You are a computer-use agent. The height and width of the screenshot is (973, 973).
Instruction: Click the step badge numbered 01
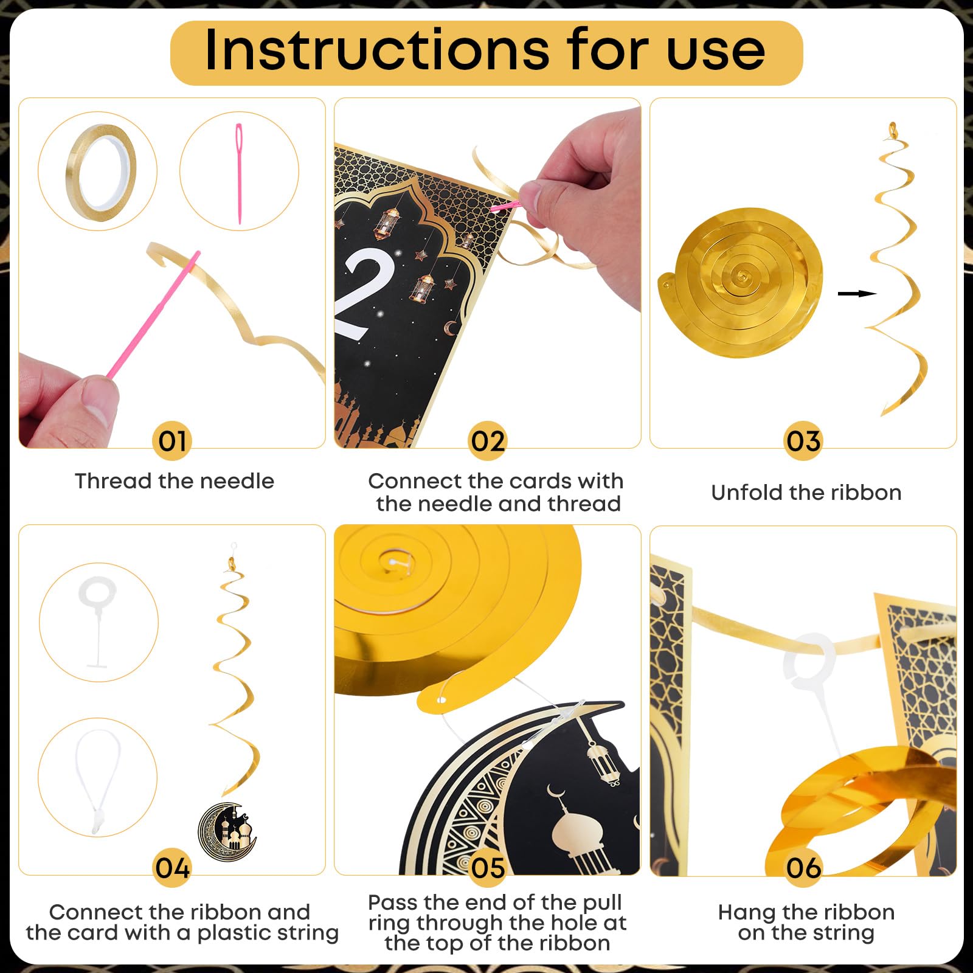(x=172, y=441)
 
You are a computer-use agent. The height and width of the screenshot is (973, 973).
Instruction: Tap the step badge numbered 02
(x=488, y=441)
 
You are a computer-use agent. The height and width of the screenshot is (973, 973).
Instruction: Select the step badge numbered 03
(x=803, y=441)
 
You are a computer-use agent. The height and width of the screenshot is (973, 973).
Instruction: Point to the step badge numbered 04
(x=172, y=868)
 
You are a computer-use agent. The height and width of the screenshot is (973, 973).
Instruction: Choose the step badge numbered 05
(x=488, y=868)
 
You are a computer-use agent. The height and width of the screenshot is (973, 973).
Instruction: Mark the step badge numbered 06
(x=803, y=868)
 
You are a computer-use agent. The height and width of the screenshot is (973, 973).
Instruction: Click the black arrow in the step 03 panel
(x=857, y=294)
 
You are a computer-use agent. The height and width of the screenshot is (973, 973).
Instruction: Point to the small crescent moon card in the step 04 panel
(x=228, y=832)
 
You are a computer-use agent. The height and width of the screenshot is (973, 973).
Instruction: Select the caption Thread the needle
(x=175, y=481)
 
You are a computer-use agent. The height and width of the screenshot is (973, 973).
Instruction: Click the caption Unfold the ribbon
(x=806, y=493)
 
